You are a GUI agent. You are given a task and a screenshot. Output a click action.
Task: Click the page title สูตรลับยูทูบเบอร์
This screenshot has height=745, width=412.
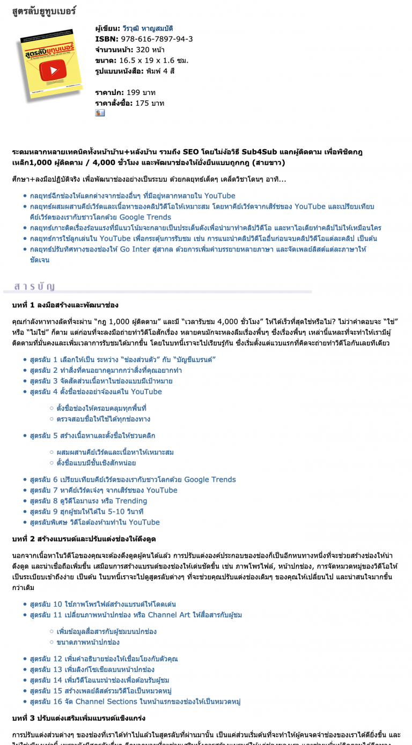[x=44, y=11]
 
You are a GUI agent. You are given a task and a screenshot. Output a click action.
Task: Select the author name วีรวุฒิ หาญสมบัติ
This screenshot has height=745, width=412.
[x=148, y=28]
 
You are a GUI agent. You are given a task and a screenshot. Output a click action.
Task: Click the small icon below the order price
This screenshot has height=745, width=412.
[x=100, y=113]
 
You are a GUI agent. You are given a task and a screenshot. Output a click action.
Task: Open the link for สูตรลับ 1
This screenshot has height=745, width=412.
[x=123, y=359]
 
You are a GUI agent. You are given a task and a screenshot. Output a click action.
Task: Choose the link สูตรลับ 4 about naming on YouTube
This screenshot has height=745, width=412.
[x=95, y=392]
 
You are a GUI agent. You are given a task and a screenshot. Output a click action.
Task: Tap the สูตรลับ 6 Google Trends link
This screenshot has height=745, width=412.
[x=133, y=480]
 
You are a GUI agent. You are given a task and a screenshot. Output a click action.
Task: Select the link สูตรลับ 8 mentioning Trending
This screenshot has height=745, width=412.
[x=89, y=501]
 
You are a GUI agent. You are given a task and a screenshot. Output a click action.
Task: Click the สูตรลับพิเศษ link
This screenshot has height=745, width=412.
[x=94, y=522]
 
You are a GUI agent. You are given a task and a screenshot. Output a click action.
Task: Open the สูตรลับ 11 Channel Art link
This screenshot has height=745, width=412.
[x=136, y=615]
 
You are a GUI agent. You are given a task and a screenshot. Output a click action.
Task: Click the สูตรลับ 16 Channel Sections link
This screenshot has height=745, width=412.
[x=135, y=702]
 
